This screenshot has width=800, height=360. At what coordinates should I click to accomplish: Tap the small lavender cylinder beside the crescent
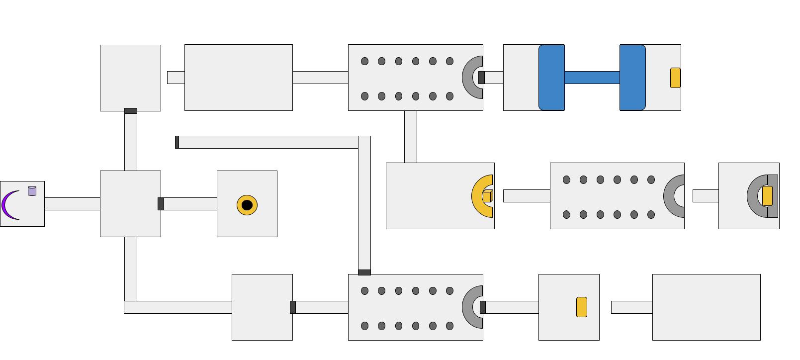coord(32,191)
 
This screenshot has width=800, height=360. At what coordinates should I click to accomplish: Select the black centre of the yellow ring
coord(247,205)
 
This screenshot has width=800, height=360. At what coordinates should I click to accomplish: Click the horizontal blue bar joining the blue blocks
coord(592,78)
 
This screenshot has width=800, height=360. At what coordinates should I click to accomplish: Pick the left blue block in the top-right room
coord(551,78)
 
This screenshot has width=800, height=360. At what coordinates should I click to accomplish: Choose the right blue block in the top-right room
coord(632,78)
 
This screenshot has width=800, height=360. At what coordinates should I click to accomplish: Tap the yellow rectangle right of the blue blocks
coord(675,78)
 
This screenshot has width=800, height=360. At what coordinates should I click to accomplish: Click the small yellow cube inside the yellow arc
coord(487,196)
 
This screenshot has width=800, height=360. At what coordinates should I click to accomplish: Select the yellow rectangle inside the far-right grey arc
coord(767,196)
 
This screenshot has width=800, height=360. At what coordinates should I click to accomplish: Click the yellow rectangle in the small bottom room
coord(582,307)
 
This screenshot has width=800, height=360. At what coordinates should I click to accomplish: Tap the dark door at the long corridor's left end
coord(177,142)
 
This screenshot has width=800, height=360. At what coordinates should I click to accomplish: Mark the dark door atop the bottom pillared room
coord(364,272)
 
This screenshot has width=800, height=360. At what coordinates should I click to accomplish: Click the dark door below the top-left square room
coord(131,111)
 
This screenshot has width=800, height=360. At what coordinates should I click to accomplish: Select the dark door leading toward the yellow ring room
coord(161,204)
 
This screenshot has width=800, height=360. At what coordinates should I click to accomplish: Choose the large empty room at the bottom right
coord(706,307)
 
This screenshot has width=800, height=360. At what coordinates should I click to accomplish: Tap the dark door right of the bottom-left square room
coord(293,307)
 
